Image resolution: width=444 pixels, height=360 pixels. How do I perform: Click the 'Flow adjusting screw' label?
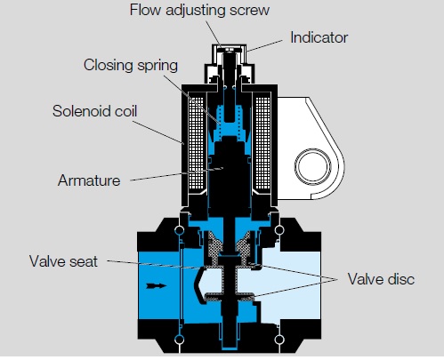(x=199, y=11)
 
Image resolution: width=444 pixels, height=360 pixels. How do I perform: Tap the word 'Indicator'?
(x=319, y=37)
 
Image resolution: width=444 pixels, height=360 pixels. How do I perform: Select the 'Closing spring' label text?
(x=131, y=65)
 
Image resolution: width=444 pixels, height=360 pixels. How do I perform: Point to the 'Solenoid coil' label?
(x=94, y=111)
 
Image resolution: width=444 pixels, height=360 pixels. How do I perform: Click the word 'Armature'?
(x=89, y=180)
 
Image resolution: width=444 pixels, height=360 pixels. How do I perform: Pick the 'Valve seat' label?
(x=63, y=261)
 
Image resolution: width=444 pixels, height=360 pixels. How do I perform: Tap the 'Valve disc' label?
(x=381, y=279)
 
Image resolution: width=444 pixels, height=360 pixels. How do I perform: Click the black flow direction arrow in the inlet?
(x=157, y=285)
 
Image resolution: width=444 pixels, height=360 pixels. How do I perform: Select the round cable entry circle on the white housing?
(x=313, y=166)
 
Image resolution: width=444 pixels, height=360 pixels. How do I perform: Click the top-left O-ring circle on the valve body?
(x=180, y=230)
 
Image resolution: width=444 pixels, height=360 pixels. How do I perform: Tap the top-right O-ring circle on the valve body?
(x=279, y=229)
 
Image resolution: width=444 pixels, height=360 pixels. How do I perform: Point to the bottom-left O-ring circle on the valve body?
(x=180, y=340)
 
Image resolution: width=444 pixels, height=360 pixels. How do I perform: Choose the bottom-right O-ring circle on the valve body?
(x=279, y=340)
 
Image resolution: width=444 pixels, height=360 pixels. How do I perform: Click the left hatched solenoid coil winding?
(x=196, y=144)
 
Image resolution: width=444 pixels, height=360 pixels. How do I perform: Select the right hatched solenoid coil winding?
(x=262, y=144)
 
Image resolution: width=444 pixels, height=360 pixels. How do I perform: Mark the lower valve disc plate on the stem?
(x=230, y=297)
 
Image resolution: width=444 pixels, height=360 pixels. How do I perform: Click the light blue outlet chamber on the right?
(x=292, y=286)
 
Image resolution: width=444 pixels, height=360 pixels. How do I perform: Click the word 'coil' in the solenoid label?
(x=125, y=111)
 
